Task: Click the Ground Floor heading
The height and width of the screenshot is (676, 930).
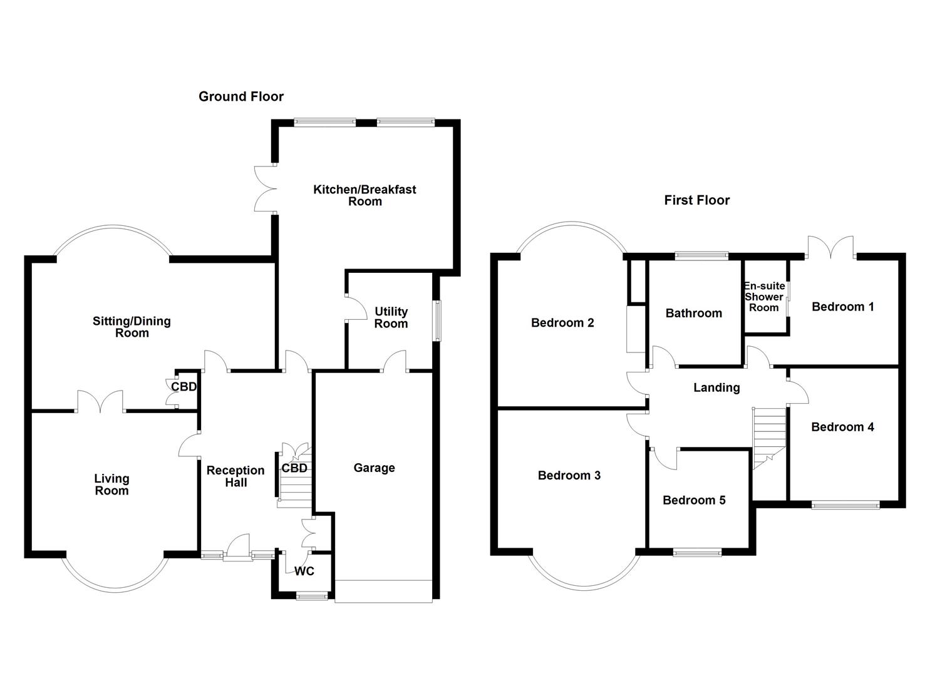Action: coord(241,96)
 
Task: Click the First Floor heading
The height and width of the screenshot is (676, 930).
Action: coord(696,200)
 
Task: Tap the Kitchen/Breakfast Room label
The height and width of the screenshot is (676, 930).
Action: coord(364,195)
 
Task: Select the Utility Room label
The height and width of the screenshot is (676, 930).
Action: coord(391,317)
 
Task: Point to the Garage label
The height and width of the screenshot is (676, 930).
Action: coord(374,468)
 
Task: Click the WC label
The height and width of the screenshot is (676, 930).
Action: coord(304,571)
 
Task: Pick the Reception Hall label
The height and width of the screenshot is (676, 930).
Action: coord(235,476)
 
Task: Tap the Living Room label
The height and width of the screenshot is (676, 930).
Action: coord(111,484)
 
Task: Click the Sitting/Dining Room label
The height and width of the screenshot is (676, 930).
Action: coord(132,327)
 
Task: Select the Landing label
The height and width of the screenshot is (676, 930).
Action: coord(716,387)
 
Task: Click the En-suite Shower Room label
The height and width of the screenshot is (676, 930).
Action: coord(764,297)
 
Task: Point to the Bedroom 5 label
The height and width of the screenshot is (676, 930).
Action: coord(694,500)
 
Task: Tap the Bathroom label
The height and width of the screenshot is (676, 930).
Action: coord(693,313)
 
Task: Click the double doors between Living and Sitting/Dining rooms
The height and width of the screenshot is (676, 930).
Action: coord(100,402)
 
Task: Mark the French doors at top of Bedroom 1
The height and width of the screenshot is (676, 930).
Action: coord(830,248)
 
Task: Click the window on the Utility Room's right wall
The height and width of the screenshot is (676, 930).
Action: coord(438,321)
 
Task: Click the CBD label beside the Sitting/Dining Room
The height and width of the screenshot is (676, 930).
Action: coord(183,387)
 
